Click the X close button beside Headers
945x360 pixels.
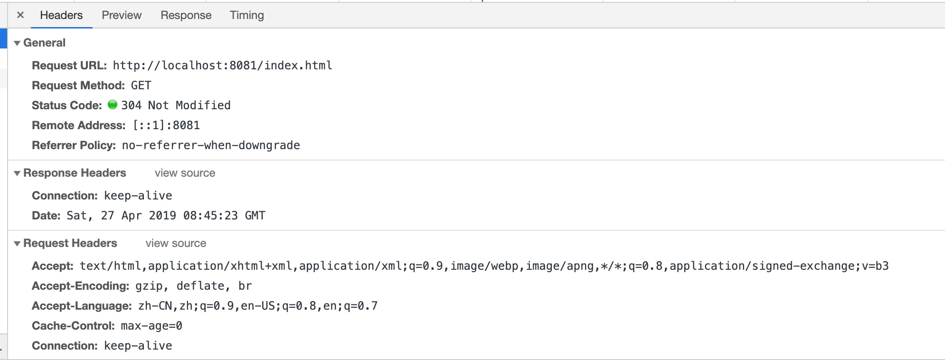click(x=20, y=15)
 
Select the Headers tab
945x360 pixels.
click(x=61, y=15)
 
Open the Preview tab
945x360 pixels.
click(x=122, y=15)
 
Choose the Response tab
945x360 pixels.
click(x=186, y=15)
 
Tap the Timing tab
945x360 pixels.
click(x=246, y=15)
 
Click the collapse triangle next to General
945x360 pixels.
click(x=17, y=43)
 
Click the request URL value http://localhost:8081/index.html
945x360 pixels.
click(x=222, y=66)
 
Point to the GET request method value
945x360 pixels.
click(x=141, y=85)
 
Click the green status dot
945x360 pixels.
click(x=113, y=105)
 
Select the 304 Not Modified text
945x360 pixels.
click(x=176, y=105)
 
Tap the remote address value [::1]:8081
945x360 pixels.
click(x=166, y=125)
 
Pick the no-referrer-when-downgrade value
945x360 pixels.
click(x=211, y=145)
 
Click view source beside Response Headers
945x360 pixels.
click(x=185, y=173)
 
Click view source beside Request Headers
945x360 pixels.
click(x=176, y=243)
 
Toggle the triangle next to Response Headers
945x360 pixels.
click(x=17, y=173)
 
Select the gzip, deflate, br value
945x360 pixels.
click(x=193, y=286)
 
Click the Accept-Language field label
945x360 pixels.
click(x=82, y=306)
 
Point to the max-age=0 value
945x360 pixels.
click(x=151, y=326)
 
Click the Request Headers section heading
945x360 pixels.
click(x=70, y=243)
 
